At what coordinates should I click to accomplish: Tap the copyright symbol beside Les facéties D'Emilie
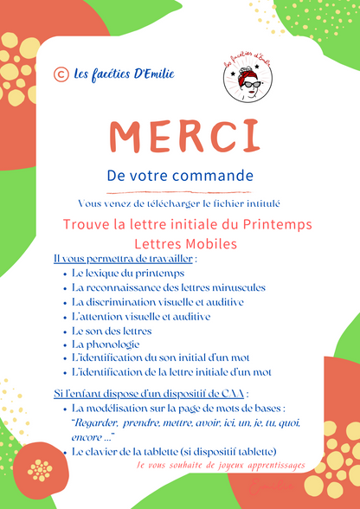(x=61, y=74)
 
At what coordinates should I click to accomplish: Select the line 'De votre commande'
(x=180, y=174)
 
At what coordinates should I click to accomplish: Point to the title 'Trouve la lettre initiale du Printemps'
(x=188, y=224)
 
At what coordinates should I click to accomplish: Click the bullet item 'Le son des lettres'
(x=112, y=330)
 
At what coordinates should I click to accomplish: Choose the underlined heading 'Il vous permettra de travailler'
(x=125, y=258)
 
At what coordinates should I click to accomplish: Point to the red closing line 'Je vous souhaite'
(x=221, y=466)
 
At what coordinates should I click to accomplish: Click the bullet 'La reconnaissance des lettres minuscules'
(x=169, y=287)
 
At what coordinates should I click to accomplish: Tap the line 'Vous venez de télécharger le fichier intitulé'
(x=179, y=203)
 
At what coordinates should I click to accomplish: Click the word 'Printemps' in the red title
(x=275, y=224)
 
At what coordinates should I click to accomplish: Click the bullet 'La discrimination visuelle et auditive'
(x=157, y=301)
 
